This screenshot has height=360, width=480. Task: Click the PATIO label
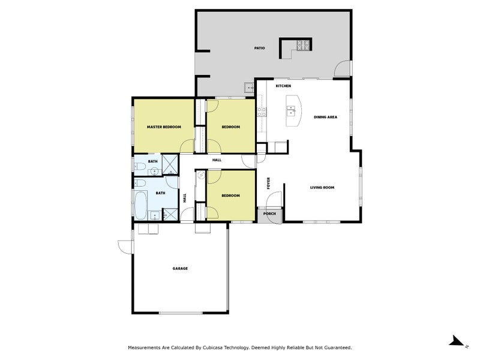click(259, 48)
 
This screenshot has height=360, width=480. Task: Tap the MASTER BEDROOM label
click(164, 127)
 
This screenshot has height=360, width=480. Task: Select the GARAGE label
click(180, 268)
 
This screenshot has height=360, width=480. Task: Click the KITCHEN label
click(283, 86)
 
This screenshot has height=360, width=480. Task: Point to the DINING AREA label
click(325, 117)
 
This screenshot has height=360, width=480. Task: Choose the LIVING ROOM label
click(322, 188)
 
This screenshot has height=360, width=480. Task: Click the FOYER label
click(269, 182)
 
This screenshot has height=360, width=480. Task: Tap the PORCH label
click(269, 214)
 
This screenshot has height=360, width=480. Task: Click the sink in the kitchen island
click(291, 110)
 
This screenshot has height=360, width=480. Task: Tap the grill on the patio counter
click(303, 44)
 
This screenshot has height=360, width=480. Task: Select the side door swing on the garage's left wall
click(124, 247)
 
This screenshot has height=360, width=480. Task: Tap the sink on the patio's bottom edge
click(248, 88)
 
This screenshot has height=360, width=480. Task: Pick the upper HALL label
click(217, 160)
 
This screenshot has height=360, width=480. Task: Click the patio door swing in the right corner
click(343, 70)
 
